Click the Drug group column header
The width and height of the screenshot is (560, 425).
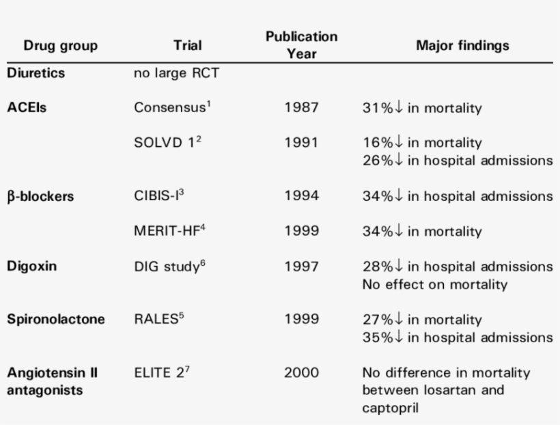60,46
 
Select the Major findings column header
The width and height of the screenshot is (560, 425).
462,46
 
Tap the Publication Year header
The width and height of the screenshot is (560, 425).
301,44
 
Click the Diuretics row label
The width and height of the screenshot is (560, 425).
36,72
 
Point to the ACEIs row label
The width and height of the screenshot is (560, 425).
27,107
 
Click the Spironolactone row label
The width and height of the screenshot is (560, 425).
55,319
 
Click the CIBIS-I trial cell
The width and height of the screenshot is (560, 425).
159,196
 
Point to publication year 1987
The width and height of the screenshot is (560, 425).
301,108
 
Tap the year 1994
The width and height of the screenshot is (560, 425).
301,197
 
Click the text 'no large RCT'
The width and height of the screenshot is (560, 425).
177,72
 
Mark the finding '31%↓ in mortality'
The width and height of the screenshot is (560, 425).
422,108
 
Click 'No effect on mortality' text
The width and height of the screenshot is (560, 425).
434,284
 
